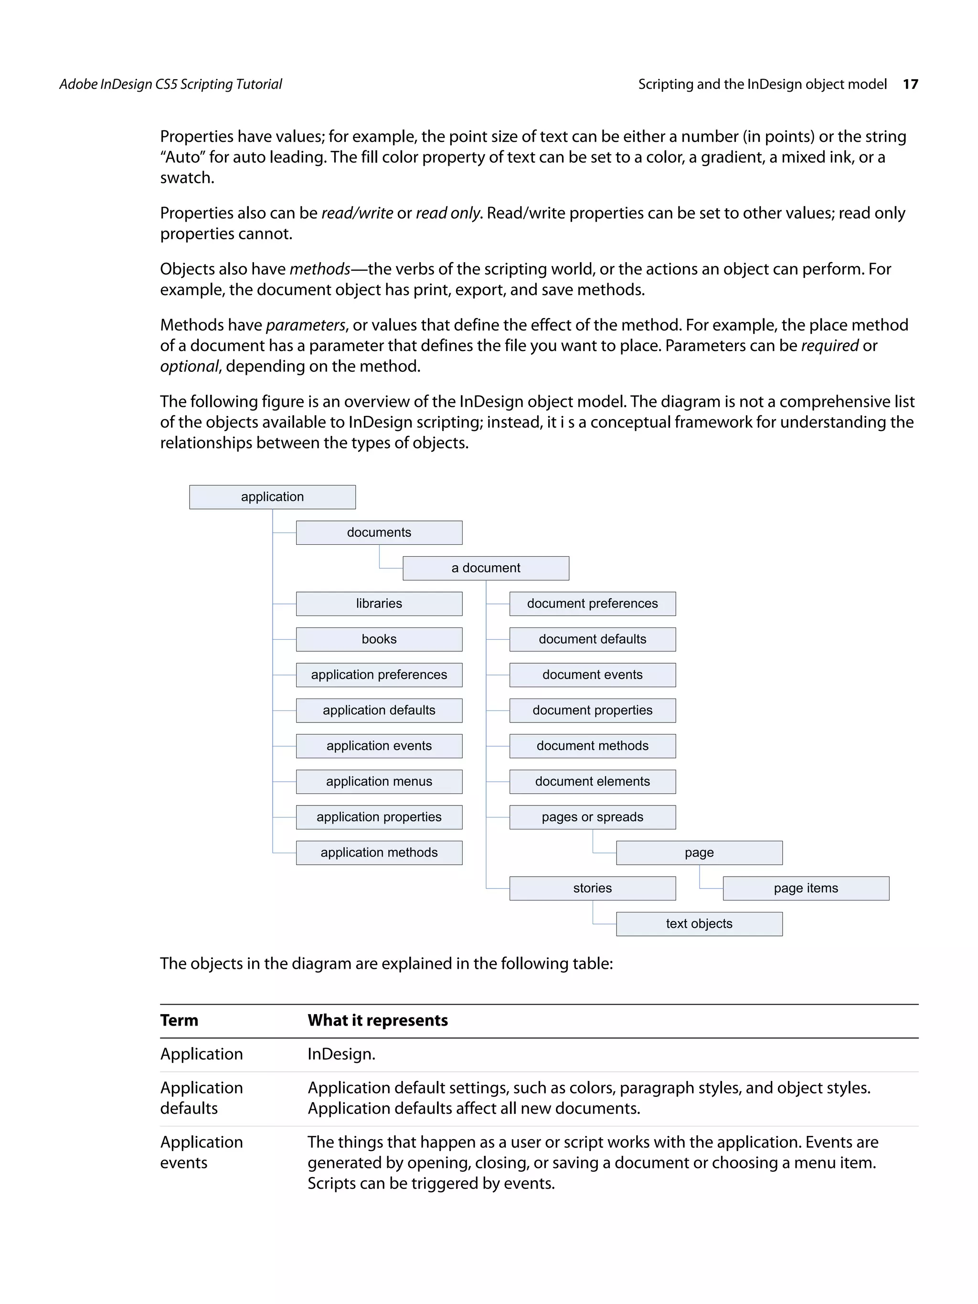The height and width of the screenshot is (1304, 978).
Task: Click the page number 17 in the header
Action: pos(910,85)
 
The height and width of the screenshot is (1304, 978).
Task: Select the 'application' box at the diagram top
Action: pos(272,497)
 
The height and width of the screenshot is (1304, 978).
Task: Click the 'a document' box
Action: pos(485,568)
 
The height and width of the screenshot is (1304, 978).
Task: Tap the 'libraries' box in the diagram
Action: pos(379,604)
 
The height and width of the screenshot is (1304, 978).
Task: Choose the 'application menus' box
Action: pos(379,781)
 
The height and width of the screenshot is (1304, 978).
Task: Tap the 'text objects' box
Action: pos(699,924)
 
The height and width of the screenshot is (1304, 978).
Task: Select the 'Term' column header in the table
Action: pos(179,1020)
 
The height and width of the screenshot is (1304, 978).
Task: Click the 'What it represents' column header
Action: pos(377,1020)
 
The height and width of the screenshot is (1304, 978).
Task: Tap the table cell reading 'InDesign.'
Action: pos(341,1054)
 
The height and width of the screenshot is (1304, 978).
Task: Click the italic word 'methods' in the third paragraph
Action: pos(319,269)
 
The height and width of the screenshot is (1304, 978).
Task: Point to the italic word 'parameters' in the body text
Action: pos(305,326)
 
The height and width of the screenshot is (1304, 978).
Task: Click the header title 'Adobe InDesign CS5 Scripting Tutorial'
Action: pos(170,85)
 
